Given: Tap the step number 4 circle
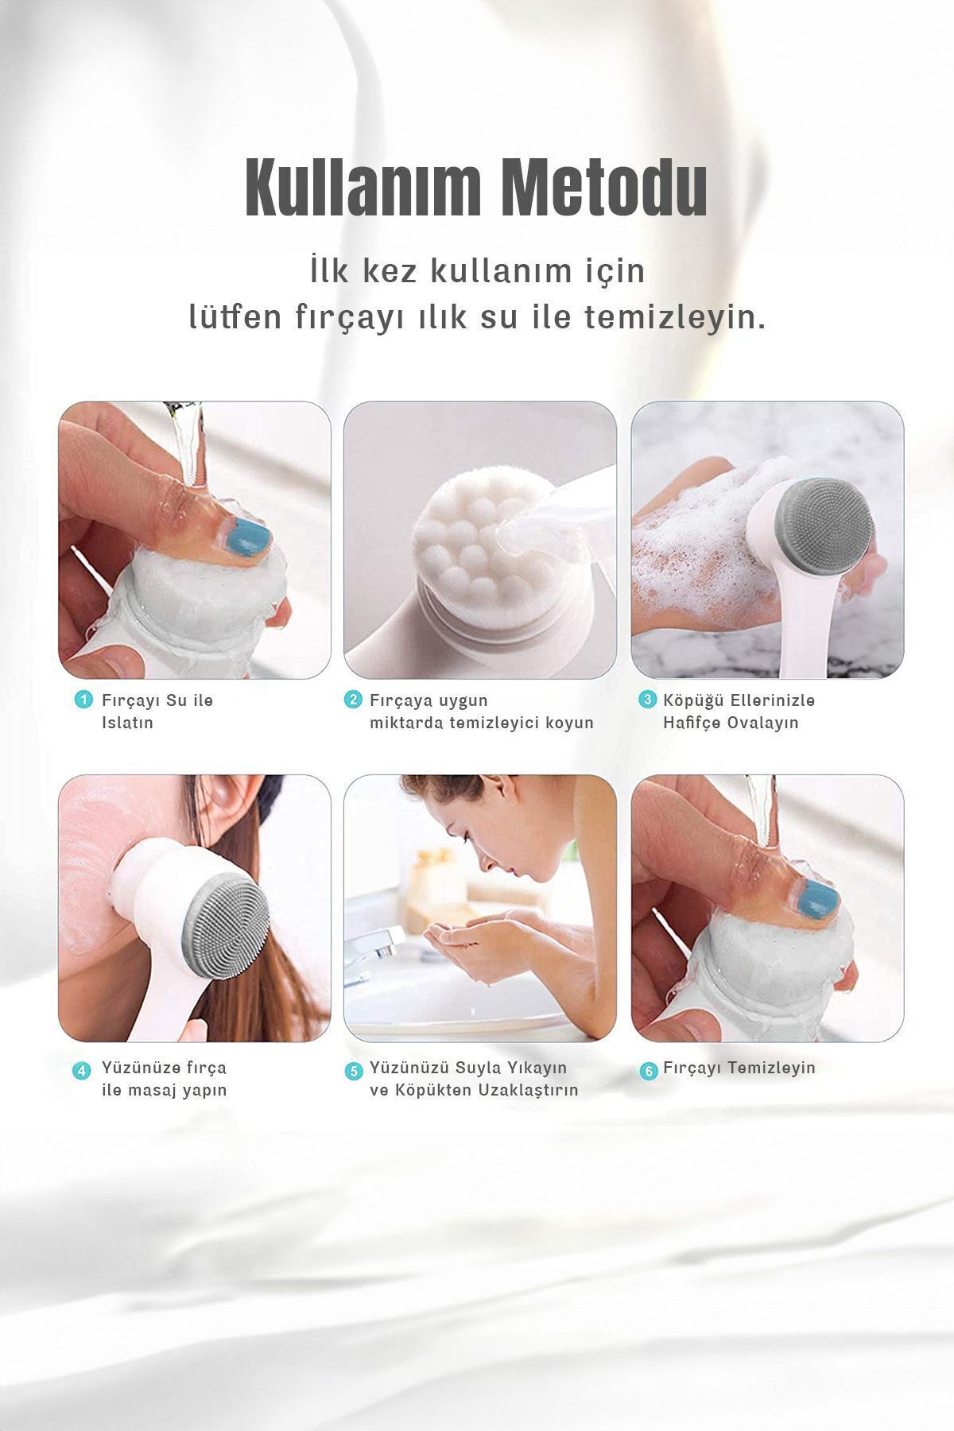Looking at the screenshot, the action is point(83,1070).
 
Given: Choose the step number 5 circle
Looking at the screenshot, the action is point(352,1070).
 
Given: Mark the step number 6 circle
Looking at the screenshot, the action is point(648,1070).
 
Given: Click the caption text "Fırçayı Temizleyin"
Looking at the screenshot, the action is point(739,1068).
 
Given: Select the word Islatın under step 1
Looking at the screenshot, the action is point(127,723).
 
